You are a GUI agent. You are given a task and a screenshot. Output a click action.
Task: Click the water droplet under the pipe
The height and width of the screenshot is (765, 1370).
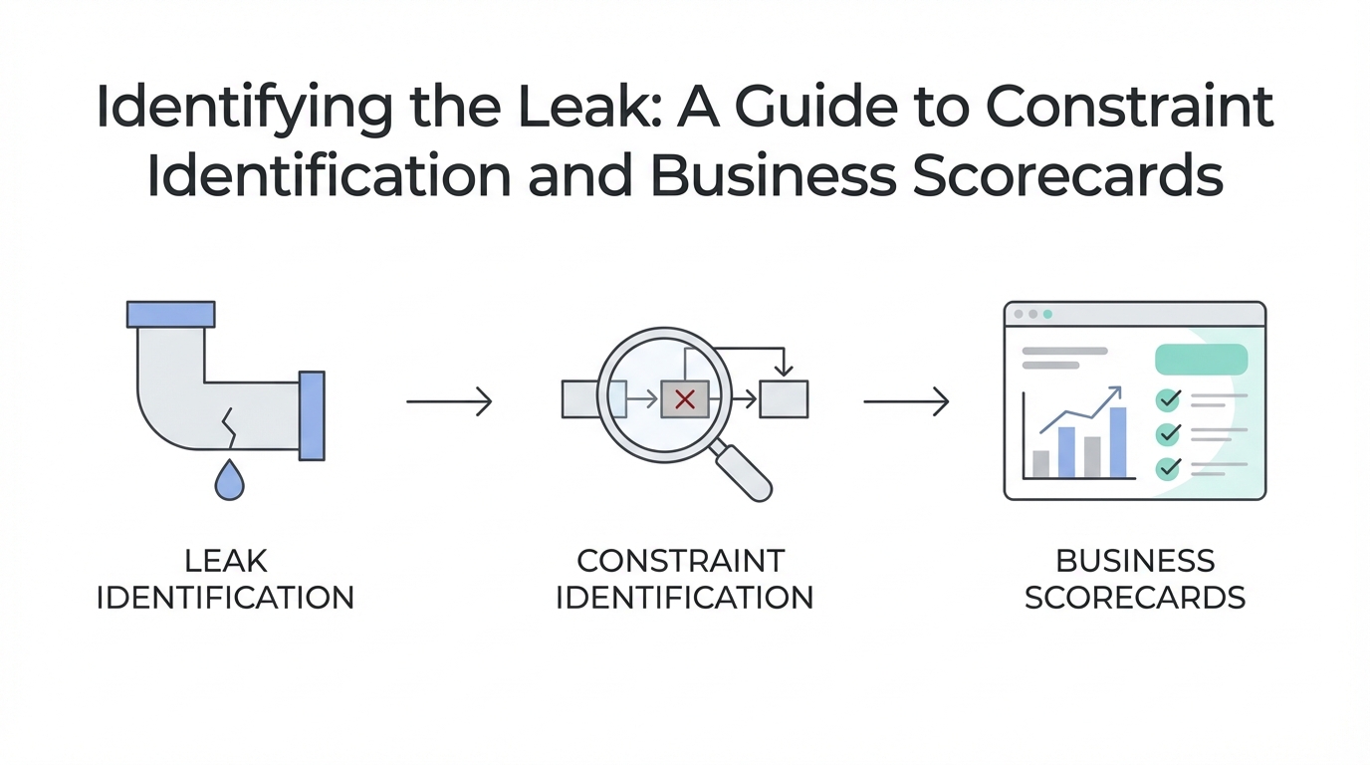click(229, 481)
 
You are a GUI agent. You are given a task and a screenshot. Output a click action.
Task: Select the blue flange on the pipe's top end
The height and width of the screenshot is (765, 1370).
click(171, 314)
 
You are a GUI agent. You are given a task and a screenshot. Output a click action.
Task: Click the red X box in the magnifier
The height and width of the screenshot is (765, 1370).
click(685, 399)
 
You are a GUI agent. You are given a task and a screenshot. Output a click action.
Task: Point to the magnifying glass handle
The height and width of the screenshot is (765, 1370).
click(744, 473)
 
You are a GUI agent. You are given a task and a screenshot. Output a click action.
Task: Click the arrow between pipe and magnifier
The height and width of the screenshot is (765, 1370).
click(449, 401)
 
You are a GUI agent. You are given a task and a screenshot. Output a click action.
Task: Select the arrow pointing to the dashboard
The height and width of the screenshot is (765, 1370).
click(906, 401)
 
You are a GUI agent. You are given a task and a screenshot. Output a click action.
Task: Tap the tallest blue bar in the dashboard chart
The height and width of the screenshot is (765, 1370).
click(1117, 442)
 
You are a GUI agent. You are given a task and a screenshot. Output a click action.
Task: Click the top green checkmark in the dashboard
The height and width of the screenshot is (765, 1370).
click(1168, 400)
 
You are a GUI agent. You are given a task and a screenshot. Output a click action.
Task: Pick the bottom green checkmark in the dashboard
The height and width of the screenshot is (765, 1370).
click(1168, 467)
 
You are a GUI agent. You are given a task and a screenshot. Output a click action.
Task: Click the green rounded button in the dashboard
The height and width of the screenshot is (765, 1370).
click(1201, 360)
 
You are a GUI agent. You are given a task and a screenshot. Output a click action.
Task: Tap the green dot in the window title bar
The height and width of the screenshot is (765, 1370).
click(1047, 315)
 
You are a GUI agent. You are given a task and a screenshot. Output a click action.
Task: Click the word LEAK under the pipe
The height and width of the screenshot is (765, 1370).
click(226, 561)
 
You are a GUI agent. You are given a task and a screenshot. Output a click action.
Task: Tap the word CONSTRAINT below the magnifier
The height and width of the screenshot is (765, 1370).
click(681, 561)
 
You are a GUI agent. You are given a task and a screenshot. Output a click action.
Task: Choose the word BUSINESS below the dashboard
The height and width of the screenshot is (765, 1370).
click(1135, 561)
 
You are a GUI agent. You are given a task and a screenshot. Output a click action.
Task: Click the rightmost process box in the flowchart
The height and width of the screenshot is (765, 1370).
click(784, 399)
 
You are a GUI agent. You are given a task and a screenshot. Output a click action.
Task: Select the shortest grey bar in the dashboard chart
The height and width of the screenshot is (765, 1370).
click(1041, 464)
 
